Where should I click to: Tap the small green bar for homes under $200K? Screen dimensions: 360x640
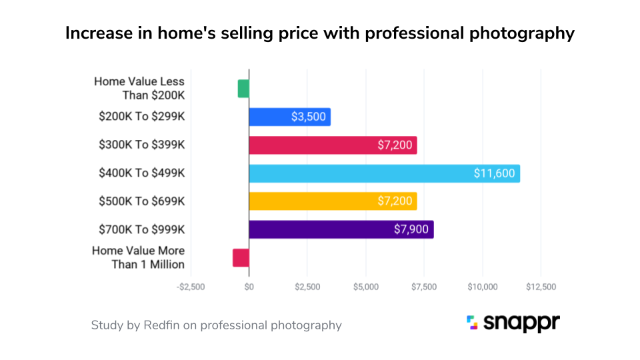tap(243, 89)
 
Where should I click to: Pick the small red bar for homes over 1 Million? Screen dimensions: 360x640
tap(241, 258)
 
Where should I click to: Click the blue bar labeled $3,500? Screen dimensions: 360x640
tap(289, 117)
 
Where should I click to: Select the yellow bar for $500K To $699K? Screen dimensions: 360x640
tap(333, 201)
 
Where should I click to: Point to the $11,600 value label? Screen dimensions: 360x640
tap(494, 173)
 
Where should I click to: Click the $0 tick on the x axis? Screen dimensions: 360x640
tap(249, 287)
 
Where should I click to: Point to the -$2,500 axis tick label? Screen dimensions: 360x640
tap(191, 287)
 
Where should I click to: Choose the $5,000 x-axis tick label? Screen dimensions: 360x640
tap(365, 287)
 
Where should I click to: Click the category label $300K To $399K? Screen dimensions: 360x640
tap(141, 145)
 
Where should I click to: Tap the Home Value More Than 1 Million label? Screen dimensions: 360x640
tap(138, 257)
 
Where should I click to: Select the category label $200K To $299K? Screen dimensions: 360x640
tap(141, 117)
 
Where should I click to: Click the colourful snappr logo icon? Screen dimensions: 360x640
tap(472, 323)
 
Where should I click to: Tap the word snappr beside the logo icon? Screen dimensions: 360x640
tap(523, 324)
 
